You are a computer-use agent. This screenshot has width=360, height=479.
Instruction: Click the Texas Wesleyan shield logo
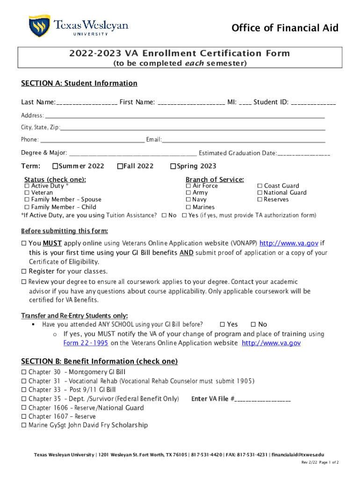point(39,26)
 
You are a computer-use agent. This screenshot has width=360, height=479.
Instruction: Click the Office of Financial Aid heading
point(285,28)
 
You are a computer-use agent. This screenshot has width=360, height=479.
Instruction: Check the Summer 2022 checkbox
point(55,166)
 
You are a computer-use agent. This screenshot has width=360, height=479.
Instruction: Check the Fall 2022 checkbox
point(120,166)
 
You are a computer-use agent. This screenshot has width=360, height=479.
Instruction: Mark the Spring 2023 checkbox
point(173,166)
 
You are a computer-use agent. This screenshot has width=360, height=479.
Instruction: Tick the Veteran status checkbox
point(27,193)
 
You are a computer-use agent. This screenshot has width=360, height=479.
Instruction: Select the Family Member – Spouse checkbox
point(27,200)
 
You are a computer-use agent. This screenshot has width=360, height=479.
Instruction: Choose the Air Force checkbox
point(188,186)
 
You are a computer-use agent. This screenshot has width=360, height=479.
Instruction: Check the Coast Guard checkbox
point(260,186)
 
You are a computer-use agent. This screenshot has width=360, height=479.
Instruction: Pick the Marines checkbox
point(188,207)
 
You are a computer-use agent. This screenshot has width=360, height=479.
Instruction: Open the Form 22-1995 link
point(86,343)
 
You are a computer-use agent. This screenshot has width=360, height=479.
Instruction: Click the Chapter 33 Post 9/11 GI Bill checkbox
point(24,390)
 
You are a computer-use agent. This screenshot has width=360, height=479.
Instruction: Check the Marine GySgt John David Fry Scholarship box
point(24,425)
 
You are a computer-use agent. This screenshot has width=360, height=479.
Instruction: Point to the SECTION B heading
point(99,361)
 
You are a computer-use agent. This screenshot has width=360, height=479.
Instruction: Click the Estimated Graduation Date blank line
point(304,154)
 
